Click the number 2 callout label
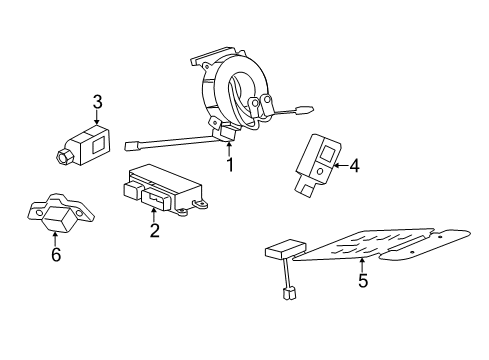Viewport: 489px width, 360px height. coord(154,231)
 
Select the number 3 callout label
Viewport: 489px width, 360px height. coord(97,101)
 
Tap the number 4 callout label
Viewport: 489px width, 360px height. coord(353,165)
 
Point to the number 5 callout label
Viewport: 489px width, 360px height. coord(362,281)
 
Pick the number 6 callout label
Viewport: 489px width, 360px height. coord(56,255)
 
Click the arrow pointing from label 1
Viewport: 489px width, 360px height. coord(228,147)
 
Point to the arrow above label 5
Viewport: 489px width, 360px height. coord(362,263)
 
